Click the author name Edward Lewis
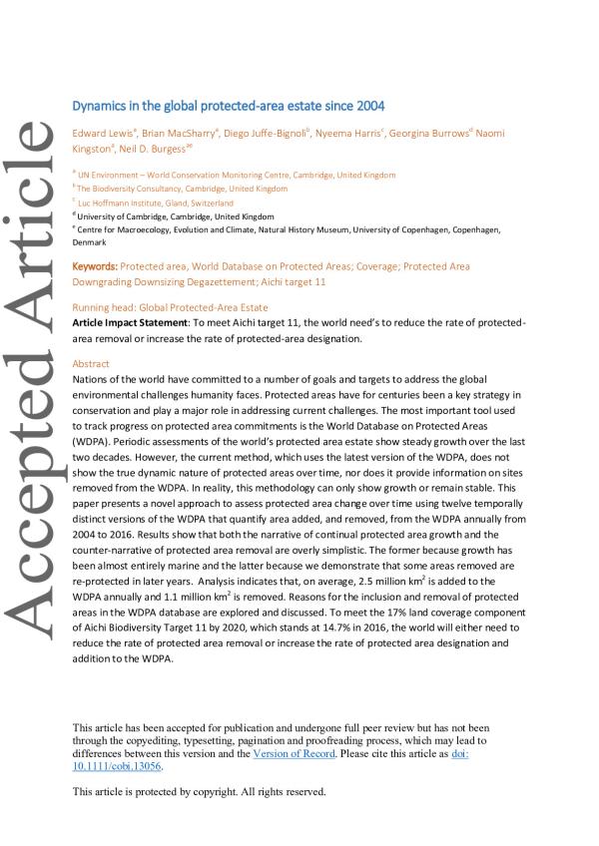coord(101,133)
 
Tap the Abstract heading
coord(91,365)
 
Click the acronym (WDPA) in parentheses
coord(93,438)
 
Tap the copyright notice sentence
coord(200,791)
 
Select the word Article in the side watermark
coord(30,220)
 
